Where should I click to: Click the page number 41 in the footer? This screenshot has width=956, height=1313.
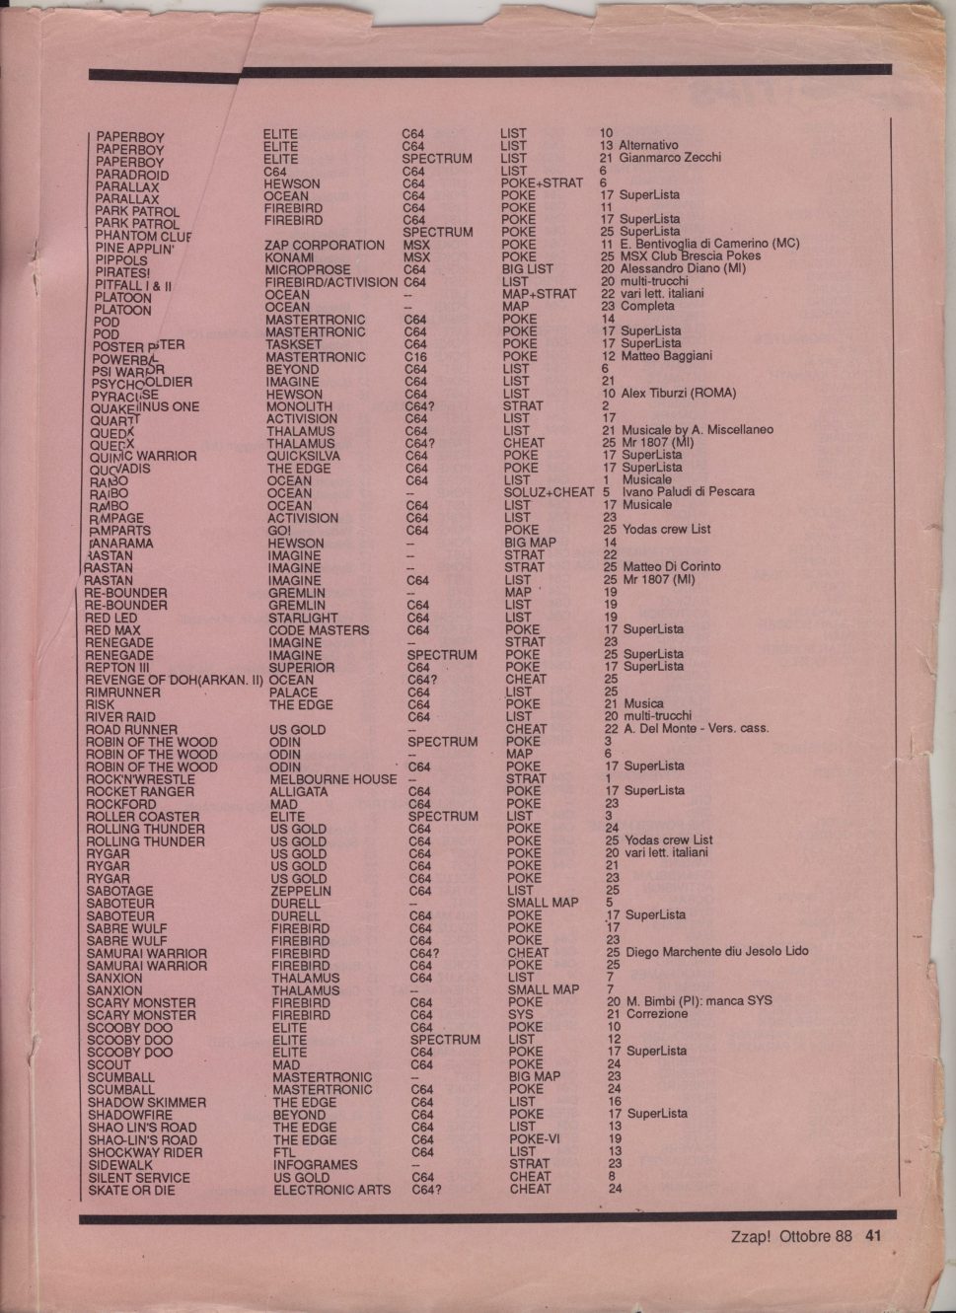[x=873, y=1236]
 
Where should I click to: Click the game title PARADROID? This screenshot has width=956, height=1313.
[x=132, y=175]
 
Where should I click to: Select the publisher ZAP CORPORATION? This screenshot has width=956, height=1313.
[x=325, y=245]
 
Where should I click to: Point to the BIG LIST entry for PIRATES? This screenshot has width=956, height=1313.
[x=528, y=268]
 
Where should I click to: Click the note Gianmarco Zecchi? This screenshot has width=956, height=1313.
[x=670, y=158]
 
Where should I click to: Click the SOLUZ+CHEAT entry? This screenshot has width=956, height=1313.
[x=549, y=492]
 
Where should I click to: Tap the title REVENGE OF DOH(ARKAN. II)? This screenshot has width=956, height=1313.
[x=175, y=680]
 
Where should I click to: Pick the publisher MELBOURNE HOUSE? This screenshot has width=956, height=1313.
[x=332, y=779]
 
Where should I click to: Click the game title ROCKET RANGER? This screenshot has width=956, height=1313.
[x=140, y=791]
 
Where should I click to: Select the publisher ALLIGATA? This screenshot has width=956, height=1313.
[x=299, y=791]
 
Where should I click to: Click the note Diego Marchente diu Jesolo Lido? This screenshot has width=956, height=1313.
[x=715, y=952]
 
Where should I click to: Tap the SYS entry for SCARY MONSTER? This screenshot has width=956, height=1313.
[x=520, y=1014]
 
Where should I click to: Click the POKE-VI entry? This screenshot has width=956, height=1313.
[x=535, y=1138]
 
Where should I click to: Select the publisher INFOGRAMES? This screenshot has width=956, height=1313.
[x=315, y=1164]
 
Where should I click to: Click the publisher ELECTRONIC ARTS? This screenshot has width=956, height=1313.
[x=331, y=1190]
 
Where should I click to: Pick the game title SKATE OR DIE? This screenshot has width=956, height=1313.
[x=131, y=1190]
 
